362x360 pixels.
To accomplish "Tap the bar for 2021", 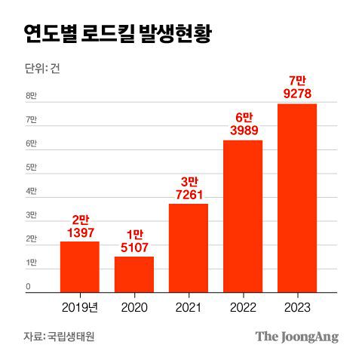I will (189, 248).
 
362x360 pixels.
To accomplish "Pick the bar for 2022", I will (243, 216).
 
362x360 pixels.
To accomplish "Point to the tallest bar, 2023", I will (297, 198).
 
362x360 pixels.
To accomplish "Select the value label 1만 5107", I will (134, 242).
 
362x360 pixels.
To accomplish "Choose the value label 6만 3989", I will (243, 125).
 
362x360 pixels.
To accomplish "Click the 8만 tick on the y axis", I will (31, 96).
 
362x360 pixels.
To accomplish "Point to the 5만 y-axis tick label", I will (31, 168).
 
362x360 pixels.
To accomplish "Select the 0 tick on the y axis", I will (28, 287).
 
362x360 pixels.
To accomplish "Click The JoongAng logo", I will (296, 336).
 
